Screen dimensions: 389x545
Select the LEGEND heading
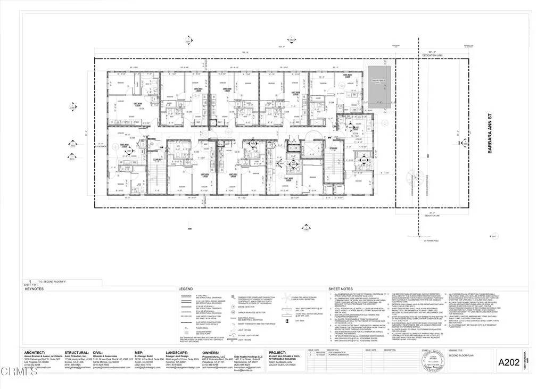point(186,288)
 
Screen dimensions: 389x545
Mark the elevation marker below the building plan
point(305,228)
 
